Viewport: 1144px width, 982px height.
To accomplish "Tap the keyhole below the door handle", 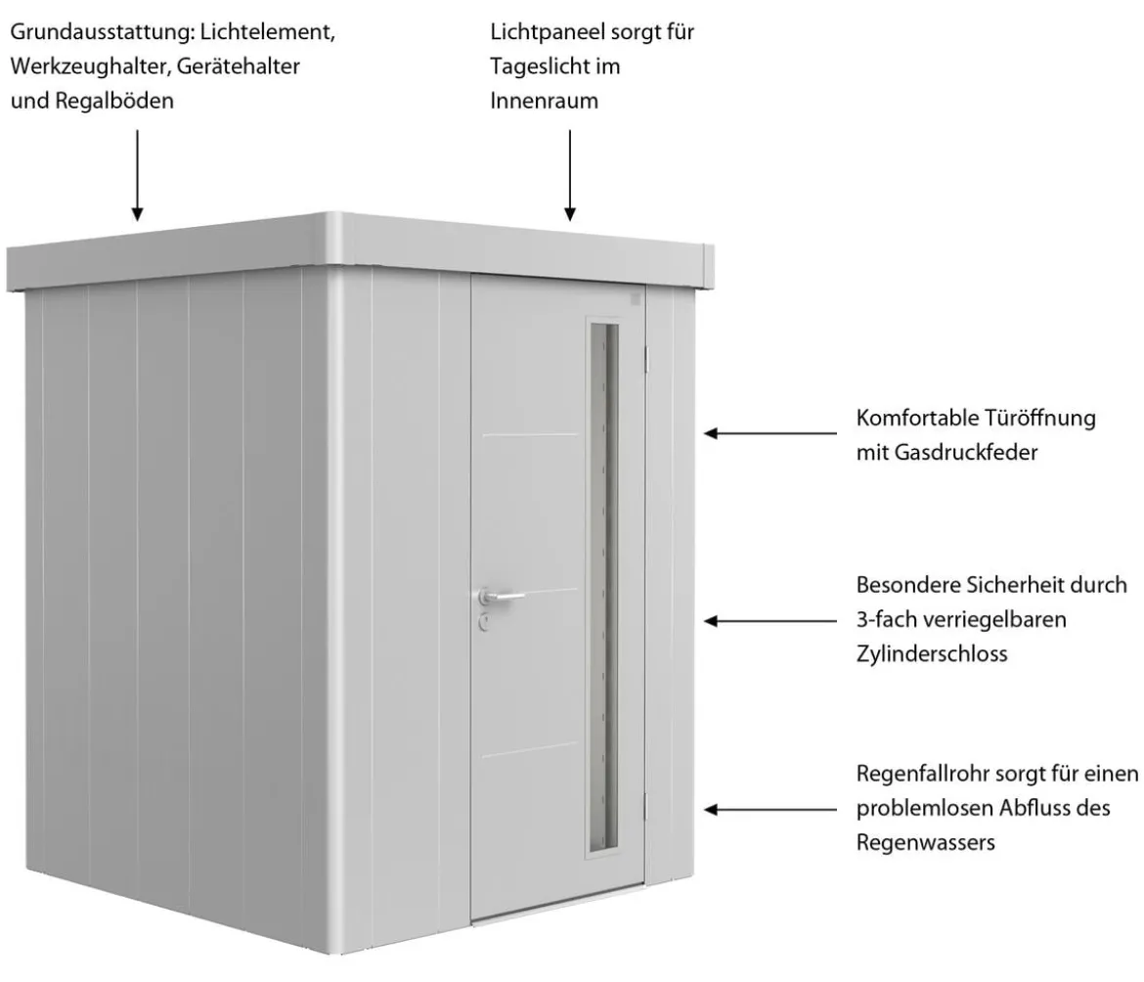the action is tap(484, 622).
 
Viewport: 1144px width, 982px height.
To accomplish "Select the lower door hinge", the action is tap(645, 806).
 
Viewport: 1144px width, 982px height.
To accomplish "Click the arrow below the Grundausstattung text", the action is tap(137, 175).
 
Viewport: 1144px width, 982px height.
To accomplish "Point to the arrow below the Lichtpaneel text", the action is tap(570, 175).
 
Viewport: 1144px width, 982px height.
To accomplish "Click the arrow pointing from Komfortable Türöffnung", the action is tap(770, 433).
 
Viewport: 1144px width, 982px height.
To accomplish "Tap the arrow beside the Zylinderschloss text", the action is tap(770, 621).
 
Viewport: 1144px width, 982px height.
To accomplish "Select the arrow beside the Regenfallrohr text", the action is tap(770, 809).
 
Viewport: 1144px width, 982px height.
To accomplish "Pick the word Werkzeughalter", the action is tap(91, 67).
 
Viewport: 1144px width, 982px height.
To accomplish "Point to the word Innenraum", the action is tap(545, 101).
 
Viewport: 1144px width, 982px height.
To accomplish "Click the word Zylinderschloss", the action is tap(932, 653).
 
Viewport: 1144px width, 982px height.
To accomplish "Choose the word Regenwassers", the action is tap(926, 843).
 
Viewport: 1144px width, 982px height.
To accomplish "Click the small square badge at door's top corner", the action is tap(635, 298).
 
